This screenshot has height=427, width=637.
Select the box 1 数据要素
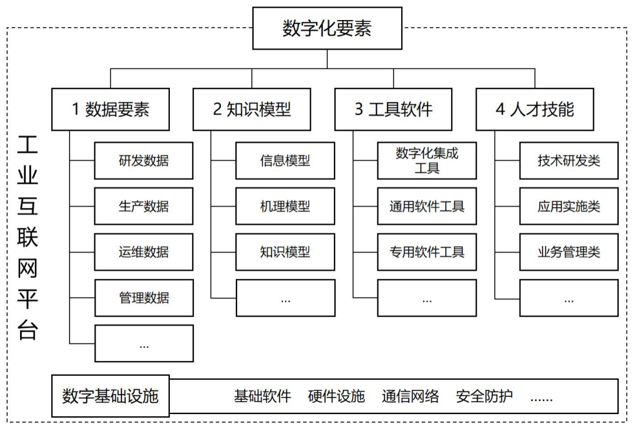(x=110, y=110)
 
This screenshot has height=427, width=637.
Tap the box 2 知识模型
(x=252, y=110)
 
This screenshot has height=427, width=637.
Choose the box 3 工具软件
(x=393, y=110)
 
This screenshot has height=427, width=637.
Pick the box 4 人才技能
(x=535, y=110)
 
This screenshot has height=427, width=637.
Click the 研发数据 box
(x=143, y=161)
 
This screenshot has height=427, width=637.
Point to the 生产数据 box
(x=143, y=206)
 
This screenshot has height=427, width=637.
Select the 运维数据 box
(x=143, y=252)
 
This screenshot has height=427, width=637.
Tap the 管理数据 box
(x=143, y=297)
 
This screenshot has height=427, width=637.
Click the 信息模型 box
(x=285, y=161)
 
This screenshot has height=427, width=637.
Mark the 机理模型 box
(x=285, y=206)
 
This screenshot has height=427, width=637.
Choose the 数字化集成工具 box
(x=426, y=161)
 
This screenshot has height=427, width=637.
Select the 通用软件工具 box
(x=426, y=206)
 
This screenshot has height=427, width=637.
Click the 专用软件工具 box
(x=426, y=252)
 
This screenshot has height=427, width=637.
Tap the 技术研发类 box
(x=569, y=161)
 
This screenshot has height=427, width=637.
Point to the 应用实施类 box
(x=569, y=206)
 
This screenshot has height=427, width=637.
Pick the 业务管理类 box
(x=569, y=252)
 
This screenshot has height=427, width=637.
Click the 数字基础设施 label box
(x=110, y=396)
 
